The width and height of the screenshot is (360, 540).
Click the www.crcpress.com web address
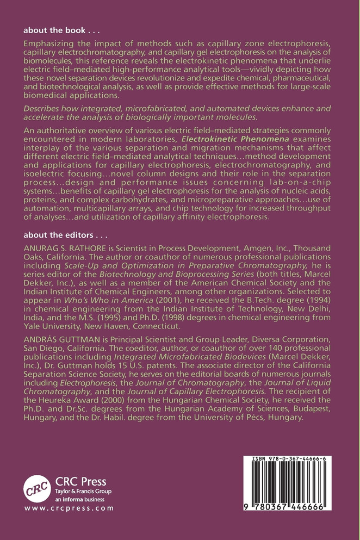69,508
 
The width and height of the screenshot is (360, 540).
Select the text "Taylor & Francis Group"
80,491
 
